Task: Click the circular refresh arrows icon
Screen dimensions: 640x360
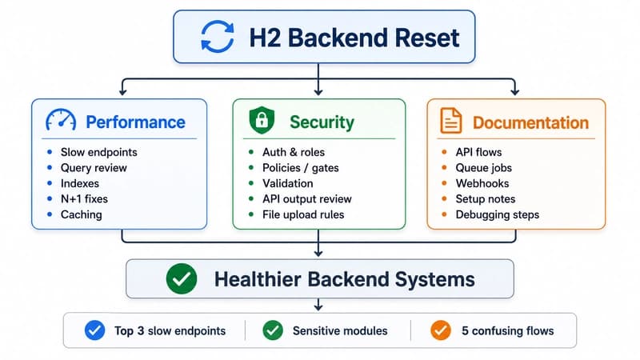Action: [x=218, y=37]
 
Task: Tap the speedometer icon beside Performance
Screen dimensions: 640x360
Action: [x=61, y=120]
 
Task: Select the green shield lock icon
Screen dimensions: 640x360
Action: [x=262, y=120]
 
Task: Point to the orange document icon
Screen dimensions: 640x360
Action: [x=451, y=121]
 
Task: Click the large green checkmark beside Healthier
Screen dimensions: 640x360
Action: [x=182, y=278]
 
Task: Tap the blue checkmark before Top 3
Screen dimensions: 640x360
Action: [x=94, y=330]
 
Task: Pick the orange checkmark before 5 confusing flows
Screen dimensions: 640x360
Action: [x=441, y=330]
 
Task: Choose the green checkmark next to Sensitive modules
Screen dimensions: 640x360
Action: [x=273, y=330]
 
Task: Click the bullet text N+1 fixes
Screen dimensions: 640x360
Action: [x=84, y=198]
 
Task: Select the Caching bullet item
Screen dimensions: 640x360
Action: [x=82, y=214]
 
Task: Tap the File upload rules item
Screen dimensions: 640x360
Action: [x=303, y=214]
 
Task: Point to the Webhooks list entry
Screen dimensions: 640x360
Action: [x=482, y=183]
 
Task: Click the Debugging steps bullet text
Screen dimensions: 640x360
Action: [x=497, y=214]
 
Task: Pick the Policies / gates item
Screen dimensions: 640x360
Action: [x=301, y=168]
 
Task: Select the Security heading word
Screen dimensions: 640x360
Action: [x=322, y=122]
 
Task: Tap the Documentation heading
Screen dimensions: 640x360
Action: [x=530, y=122]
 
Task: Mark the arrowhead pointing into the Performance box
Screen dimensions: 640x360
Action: [x=123, y=92]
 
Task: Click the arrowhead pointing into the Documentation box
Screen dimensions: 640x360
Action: [x=514, y=92]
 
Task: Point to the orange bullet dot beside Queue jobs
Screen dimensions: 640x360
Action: [x=444, y=167]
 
